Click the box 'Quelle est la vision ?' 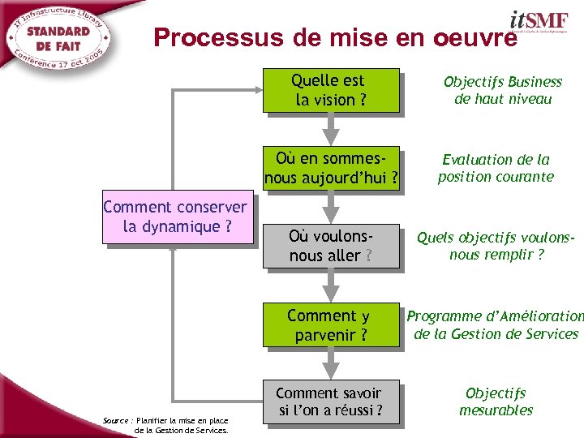point(331,90)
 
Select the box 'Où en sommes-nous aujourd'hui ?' point(331,169)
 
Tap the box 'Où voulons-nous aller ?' point(331,246)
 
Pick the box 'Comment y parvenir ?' point(331,324)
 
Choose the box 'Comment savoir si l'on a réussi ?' point(331,401)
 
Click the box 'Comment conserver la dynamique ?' point(174,217)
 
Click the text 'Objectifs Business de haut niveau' point(502,90)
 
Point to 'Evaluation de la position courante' point(496,168)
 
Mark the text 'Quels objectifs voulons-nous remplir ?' point(496,246)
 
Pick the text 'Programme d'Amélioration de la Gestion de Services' point(496,324)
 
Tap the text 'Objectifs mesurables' point(496,401)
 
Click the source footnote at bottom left point(166,424)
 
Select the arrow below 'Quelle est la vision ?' point(330,127)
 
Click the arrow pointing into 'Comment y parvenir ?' point(330,283)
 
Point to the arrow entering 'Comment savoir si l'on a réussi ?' point(330,362)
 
